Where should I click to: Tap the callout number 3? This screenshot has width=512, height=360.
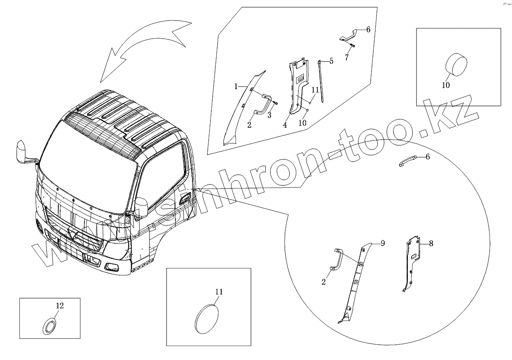click(270, 115)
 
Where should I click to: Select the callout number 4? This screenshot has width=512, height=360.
click(285, 125)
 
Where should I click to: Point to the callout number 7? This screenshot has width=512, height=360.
click(346, 57)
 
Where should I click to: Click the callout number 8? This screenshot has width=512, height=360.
click(431, 244)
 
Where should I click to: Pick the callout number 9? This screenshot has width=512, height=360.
click(383, 243)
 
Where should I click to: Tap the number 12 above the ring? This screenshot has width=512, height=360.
click(60, 306)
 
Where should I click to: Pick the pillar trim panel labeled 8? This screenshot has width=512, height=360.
click(413, 263)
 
